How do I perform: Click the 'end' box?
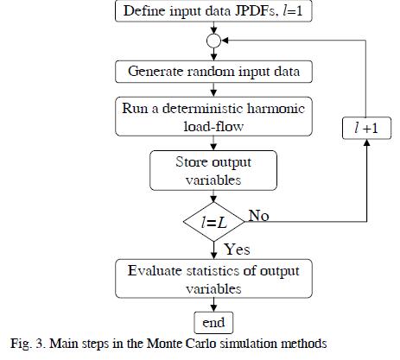pos(213,322)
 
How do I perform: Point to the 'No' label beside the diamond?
pos(258,216)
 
